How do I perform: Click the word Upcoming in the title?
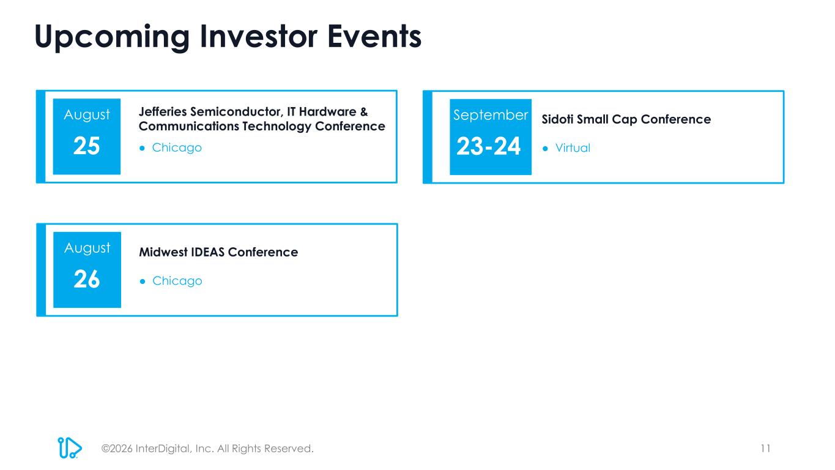(112, 37)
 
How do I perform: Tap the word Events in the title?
(374, 36)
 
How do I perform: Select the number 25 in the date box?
(86, 146)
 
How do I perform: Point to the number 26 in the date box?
(87, 279)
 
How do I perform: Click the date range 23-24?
(488, 146)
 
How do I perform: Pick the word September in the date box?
(491, 115)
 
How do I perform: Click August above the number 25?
(87, 115)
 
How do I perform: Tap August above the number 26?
(87, 248)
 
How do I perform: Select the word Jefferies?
(163, 111)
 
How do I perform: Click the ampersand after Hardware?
(364, 111)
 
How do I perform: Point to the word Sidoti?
(557, 119)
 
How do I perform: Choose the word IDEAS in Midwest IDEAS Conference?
(207, 252)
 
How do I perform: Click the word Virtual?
(573, 148)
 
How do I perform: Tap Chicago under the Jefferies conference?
(177, 148)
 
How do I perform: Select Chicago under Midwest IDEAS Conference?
(177, 281)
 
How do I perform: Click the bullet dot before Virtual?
(546, 149)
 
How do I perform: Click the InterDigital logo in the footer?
(70, 447)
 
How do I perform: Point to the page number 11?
(766, 449)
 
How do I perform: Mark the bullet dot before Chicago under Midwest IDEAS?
(143, 282)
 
